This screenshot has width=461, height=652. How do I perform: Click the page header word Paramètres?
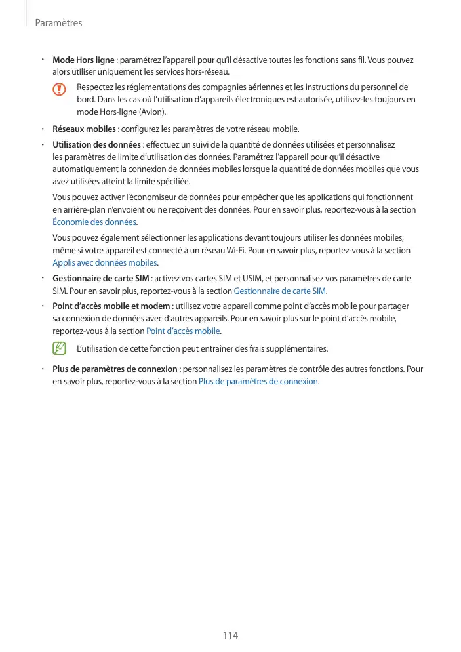[58, 23]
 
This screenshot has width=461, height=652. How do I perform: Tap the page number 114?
[230, 635]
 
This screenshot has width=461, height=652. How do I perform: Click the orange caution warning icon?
[60, 89]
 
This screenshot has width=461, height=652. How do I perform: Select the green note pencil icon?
[60, 347]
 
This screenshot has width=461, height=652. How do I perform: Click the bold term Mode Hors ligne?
[83, 60]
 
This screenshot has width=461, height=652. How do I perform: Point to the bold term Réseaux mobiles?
[84, 129]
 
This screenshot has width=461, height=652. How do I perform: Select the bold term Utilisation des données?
[96, 144]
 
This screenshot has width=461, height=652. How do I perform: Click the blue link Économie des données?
[94, 222]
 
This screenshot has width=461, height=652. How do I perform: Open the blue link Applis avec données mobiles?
[104, 263]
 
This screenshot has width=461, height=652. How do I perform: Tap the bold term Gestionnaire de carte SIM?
[100, 278]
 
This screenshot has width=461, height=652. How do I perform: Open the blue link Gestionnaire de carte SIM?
[279, 291]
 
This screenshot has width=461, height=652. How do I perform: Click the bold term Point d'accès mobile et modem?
[111, 306]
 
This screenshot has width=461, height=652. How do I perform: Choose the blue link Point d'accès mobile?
[184, 331]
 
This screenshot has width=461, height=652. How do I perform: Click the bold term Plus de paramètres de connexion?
[115, 369]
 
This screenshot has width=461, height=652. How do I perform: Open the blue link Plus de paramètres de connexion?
[258, 381]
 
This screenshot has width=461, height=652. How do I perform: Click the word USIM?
[251, 278]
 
